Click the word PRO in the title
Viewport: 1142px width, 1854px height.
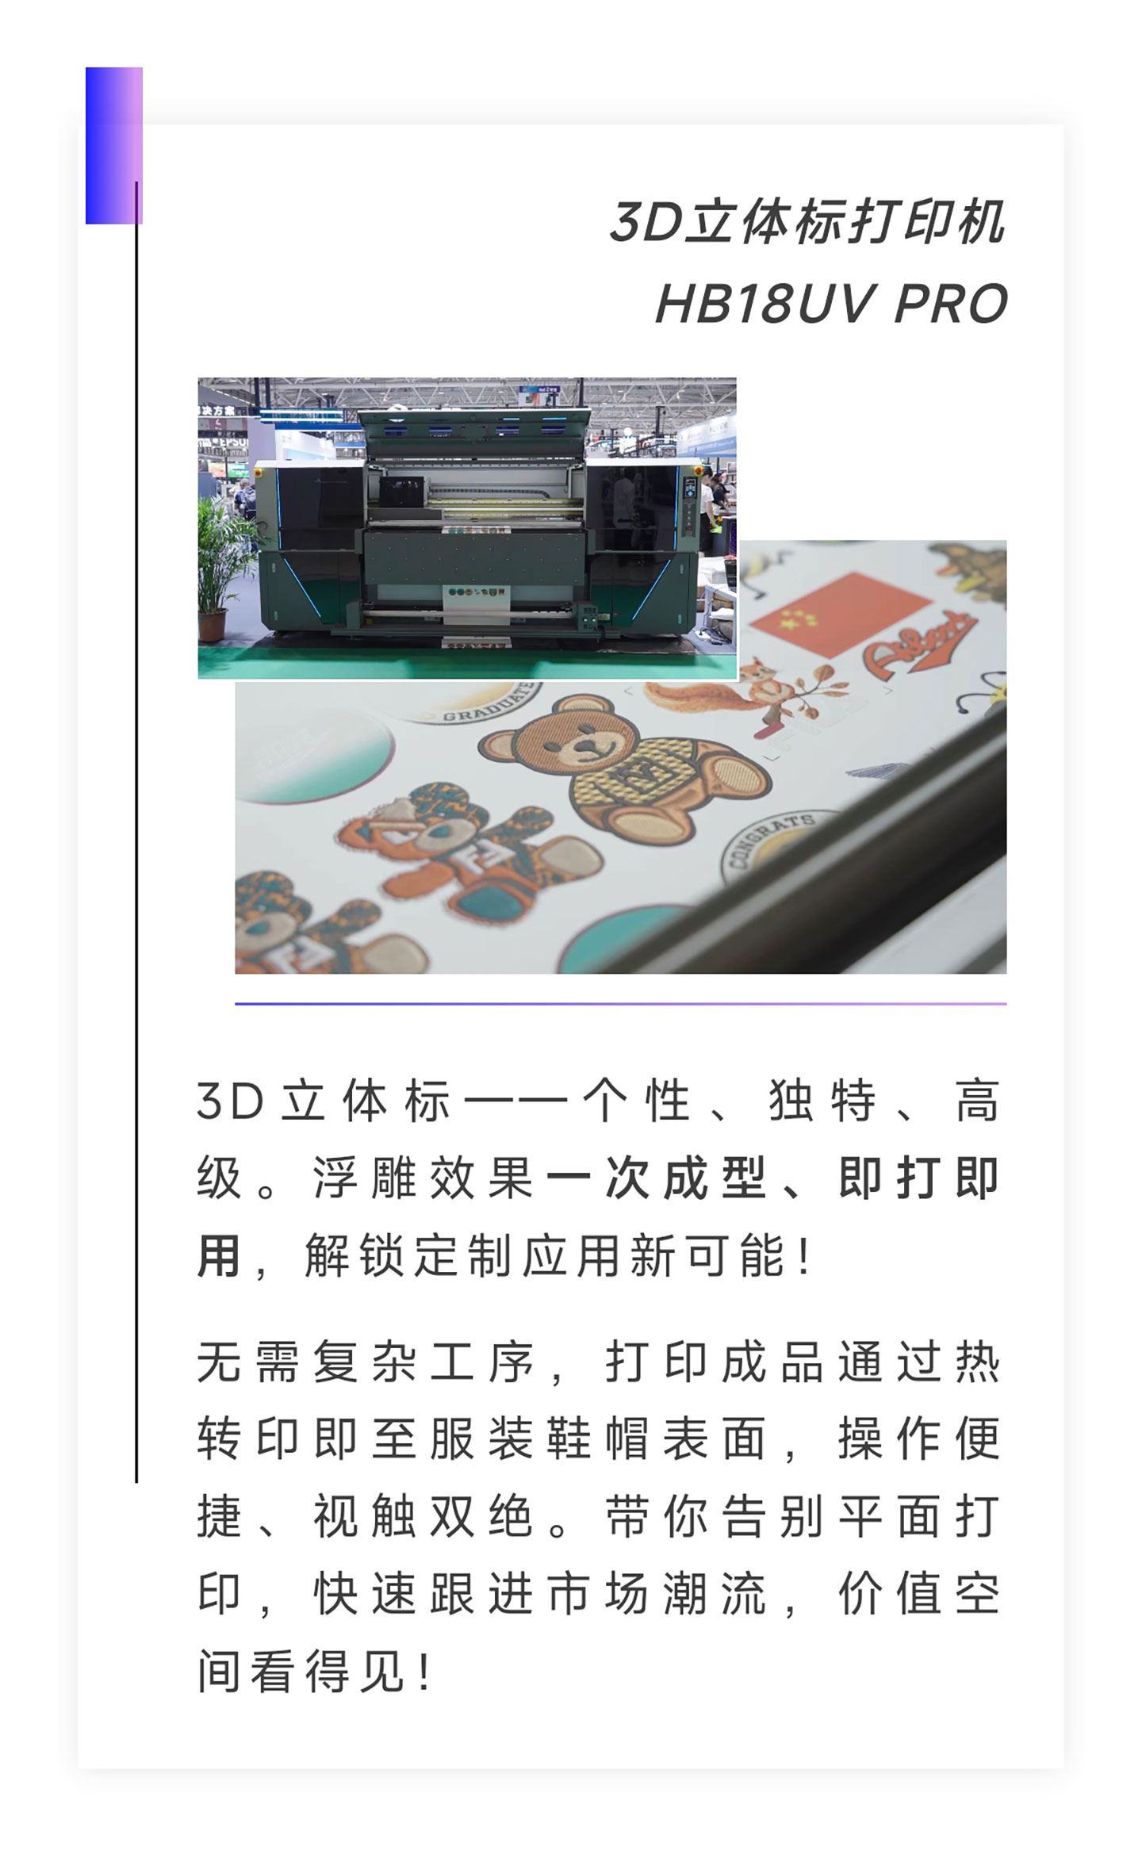point(950,304)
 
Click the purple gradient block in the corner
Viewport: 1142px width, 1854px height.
point(113,145)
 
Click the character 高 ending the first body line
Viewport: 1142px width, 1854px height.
point(977,1101)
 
